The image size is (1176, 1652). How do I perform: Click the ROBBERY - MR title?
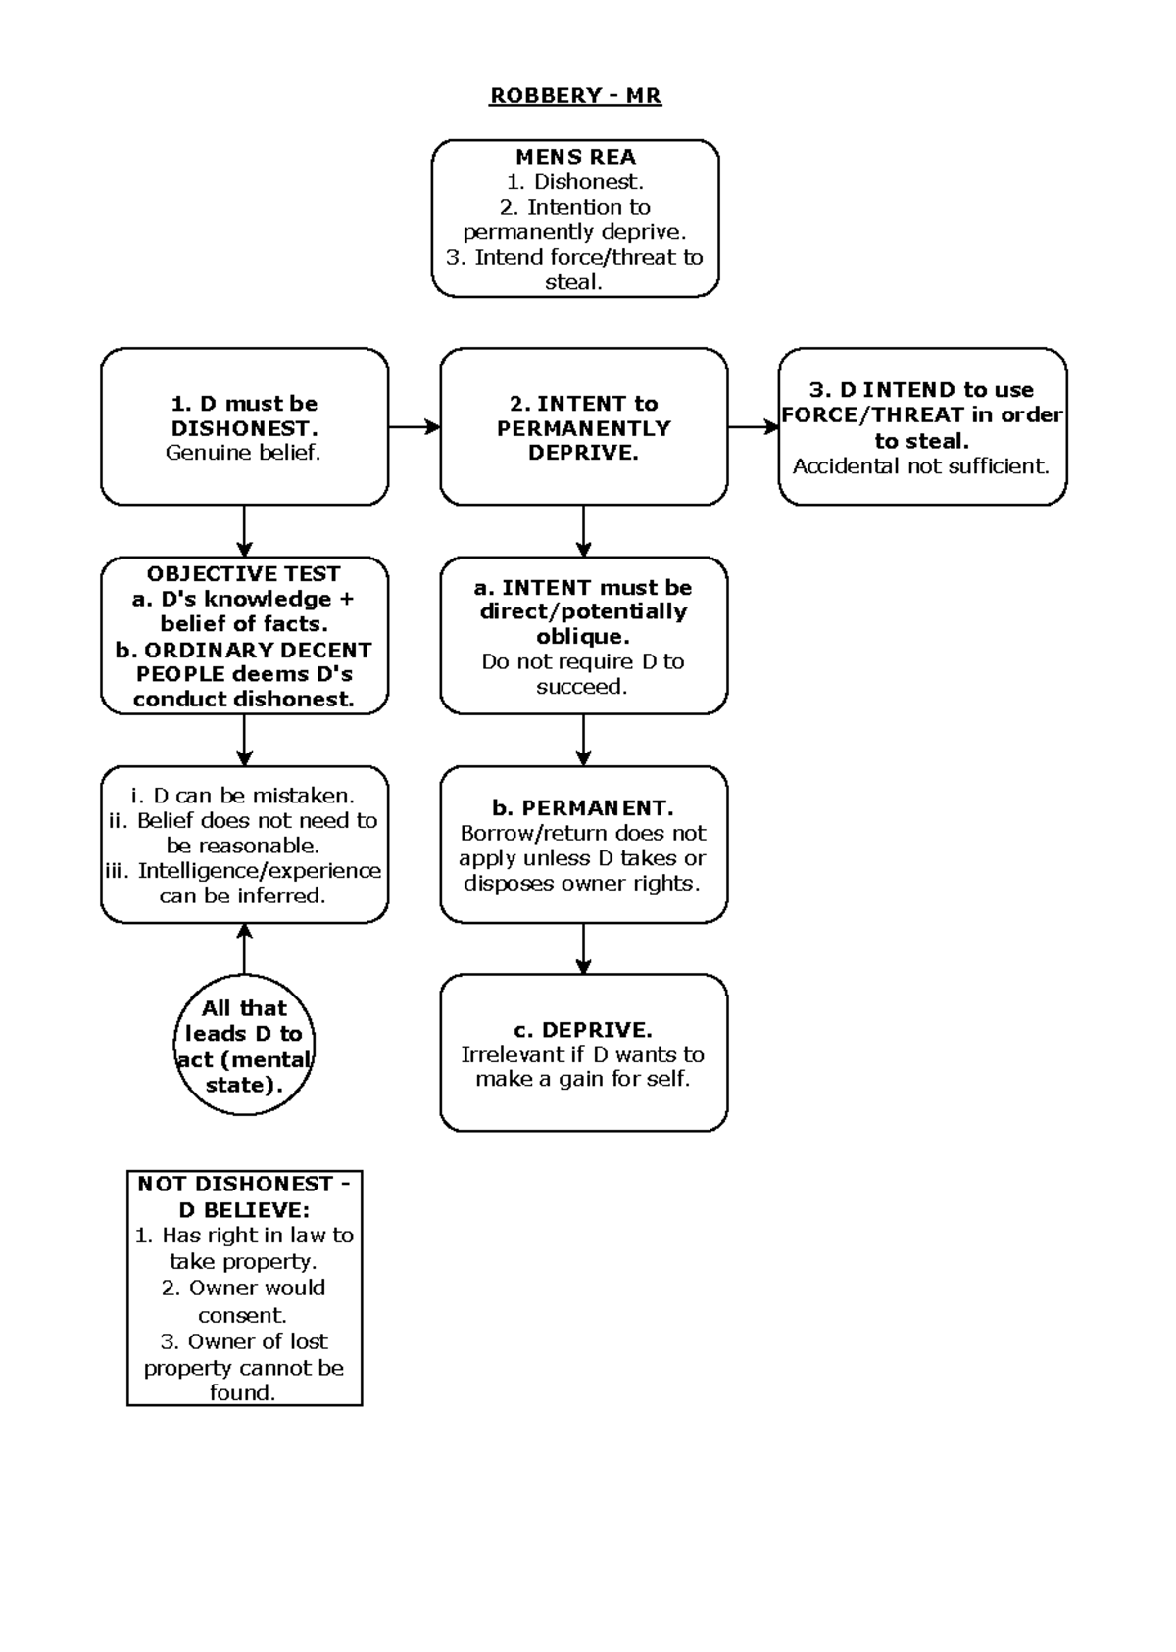click(x=575, y=96)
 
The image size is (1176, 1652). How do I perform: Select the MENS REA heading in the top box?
click(x=575, y=157)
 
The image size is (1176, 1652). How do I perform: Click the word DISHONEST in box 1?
click(x=243, y=428)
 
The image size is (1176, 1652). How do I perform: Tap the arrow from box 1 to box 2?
click(x=414, y=427)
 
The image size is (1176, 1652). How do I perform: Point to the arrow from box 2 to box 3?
click(x=753, y=427)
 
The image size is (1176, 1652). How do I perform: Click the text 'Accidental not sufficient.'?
click(x=920, y=466)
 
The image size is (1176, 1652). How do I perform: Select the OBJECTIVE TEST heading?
click(x=243, y=574)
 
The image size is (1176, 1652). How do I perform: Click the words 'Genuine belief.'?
click(x=243, y=453)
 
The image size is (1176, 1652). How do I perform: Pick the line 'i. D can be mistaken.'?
click(x=243, y=796)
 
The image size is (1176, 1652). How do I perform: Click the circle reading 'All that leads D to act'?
click(x=244, y=1045)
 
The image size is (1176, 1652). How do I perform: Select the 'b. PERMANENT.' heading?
click(x=583, y=808)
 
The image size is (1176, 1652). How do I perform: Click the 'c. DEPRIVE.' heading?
click(x=583, y=1030)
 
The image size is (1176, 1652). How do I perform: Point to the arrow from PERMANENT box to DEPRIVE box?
click(x=583, y=948)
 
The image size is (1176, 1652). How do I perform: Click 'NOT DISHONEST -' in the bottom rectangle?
click(x=243, y=1184)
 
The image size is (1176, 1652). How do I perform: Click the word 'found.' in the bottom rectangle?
click(x=242, y=1392)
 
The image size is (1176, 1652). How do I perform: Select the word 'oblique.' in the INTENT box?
click(x=583, y=637)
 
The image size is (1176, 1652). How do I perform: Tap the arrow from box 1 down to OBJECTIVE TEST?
click(x=244, y=531)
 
